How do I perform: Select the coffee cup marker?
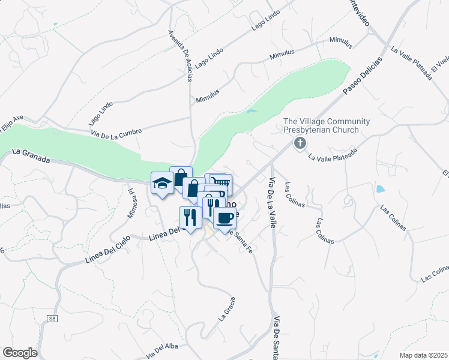224,217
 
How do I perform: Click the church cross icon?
299,143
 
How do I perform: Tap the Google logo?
20,353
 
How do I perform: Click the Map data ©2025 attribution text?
423,355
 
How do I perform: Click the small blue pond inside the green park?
251,111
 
